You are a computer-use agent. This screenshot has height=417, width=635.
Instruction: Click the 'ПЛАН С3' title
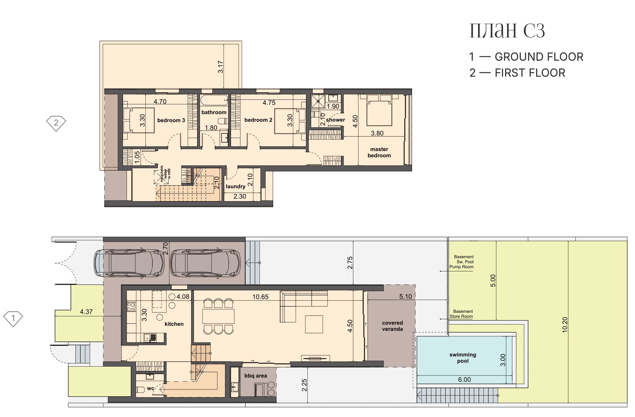(x=507, y=31)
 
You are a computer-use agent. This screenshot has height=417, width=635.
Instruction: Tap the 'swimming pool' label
(x=463, y=358)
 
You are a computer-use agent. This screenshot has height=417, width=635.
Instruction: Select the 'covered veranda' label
(x=392, y=326)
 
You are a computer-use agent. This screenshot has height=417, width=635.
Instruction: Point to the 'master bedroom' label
(x=379, y=152)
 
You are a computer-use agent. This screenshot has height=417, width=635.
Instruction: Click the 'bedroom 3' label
(x=171, y=120)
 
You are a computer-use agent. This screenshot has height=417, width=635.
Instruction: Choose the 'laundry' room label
(x=236, y=186)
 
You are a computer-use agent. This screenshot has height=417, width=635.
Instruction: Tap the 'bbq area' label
(x=256, y=376)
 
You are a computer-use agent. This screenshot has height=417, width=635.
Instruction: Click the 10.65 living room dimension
(x=260, y=297)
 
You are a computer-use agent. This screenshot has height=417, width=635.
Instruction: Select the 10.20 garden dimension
(x=565, y=325)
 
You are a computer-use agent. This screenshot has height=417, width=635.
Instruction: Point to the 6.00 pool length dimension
(x=464, y=380)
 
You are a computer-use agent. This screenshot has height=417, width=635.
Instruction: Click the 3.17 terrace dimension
(x=220, y=67)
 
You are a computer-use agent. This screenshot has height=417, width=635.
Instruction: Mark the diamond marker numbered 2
(x=56, y=123)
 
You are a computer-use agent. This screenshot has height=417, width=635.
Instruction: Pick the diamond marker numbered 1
(x=13, y=319)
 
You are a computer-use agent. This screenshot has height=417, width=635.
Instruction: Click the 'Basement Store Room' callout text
(x=462, y=314)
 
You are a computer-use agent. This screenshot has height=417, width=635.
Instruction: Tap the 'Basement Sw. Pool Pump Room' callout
(x=462, y=262)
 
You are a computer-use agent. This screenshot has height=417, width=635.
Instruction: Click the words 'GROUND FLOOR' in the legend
(x=539, y=57)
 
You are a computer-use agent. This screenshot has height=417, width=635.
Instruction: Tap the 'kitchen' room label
(x=174, y=324)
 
